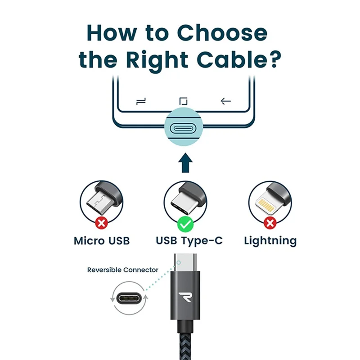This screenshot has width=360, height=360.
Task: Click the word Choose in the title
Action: [222, 33]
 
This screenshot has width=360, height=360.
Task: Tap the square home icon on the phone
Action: [184, 101]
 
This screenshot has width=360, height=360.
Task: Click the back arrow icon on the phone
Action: [226, 101]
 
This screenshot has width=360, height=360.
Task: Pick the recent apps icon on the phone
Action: [141, 102]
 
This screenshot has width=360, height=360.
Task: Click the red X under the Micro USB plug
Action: [101, 223]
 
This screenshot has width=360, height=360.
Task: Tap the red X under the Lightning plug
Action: [270, 223]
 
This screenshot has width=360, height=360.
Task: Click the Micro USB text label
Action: [102, 241]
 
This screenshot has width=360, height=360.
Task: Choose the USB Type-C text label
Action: [189, 241]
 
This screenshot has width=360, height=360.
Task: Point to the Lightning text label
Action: [270, 241]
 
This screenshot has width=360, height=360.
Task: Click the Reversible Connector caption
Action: [123, 270]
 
